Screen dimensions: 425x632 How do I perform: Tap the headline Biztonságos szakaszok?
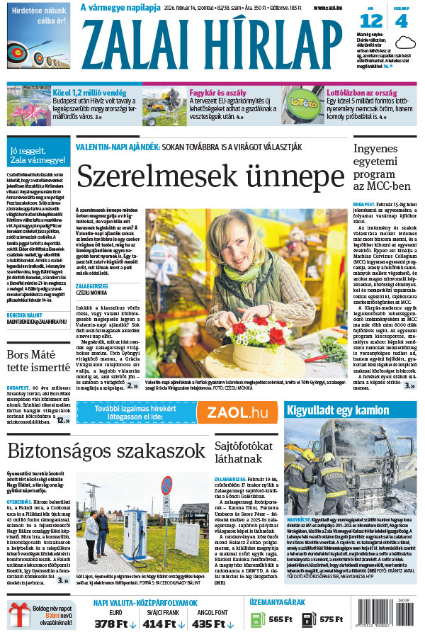(106, 451)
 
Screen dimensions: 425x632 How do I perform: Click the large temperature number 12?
(375, 22)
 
